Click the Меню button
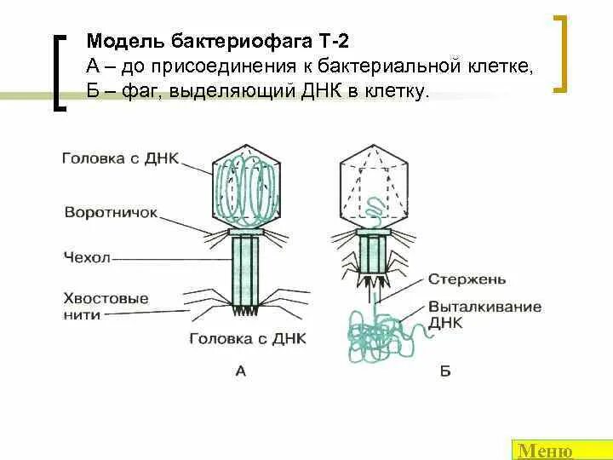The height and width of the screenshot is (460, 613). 546,451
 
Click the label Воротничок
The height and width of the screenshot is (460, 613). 111,212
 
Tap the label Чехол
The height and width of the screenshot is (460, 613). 87,256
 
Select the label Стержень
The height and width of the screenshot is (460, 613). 467,279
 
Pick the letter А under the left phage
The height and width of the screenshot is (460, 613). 240,370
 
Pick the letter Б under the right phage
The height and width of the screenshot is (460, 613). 444,371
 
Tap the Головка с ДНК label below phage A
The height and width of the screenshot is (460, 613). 247,337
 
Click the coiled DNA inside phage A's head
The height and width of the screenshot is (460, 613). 246,188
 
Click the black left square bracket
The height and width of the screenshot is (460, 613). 59,72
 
